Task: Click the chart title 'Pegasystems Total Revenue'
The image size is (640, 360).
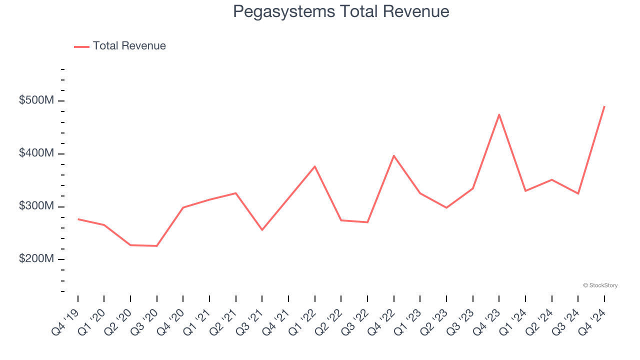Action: (341, 11)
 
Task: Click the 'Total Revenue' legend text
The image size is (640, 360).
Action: (129, 46)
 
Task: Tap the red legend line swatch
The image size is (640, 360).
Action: (81, 46)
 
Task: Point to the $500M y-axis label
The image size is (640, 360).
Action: (36, 100)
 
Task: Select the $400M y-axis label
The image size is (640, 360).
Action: (36, 153)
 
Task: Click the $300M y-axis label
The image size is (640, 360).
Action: (36, 206)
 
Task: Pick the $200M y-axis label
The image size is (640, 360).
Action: (36, 259)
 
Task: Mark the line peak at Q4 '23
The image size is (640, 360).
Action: (499, 114)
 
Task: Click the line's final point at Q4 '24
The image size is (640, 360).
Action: (604, 106)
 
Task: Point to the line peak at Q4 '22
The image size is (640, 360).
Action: (394, 155)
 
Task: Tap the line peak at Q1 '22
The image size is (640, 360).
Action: (315, 166)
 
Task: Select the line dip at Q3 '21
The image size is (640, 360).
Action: (262, 230)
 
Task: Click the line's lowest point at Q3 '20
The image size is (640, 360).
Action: (157, 246)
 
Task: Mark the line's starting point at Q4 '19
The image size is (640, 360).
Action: (78, 219)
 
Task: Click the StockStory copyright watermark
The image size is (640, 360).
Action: (600, 285)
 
